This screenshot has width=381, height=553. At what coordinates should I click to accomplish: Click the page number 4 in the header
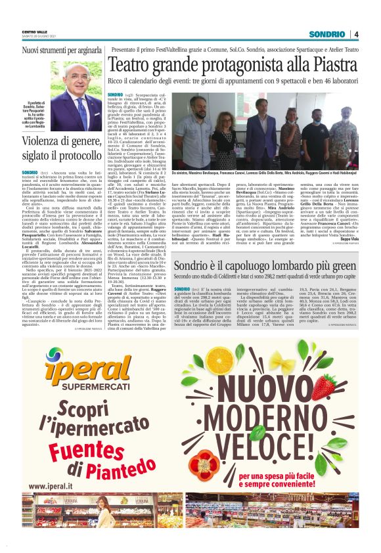[355, 34]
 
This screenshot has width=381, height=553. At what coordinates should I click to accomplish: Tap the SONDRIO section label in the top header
[327, 34]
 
